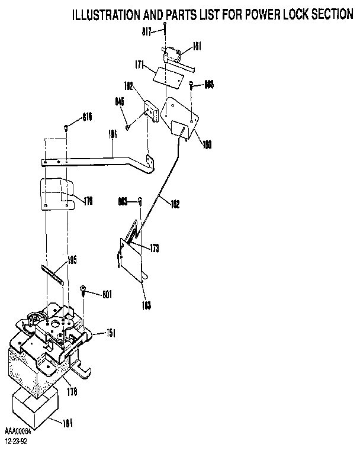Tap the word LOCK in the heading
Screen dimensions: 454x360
click(x=288, y=15)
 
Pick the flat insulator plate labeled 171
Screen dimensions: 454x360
click(x=166, y=75)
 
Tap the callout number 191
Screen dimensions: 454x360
click(x=112, y=134)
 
